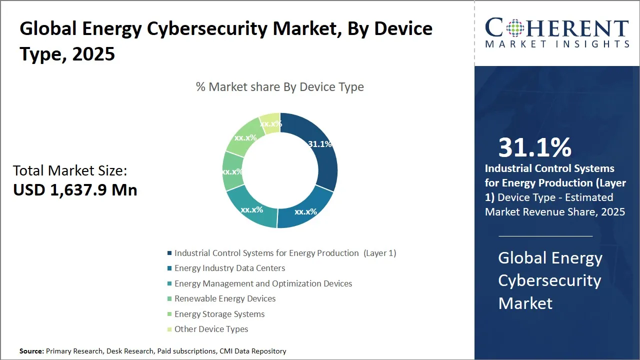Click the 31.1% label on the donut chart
[x=319, y=144]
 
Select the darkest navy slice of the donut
[x=320, y=160]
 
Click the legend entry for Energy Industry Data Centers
[x=229, y=268]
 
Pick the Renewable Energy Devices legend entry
[x=225, y=298]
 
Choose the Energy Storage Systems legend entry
[x=219, y=314]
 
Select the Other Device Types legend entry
[x=211, y=329]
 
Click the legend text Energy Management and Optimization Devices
[x=263, y=283]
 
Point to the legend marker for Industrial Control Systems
[x=170, y=253]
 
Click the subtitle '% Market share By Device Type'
[x=279, y=87]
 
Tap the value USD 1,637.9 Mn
[x=75, y=190]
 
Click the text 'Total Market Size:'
[x=70, y=171]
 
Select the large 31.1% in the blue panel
[x=534, y=147]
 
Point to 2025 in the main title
[x=93, y=54]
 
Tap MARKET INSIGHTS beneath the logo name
[x=557, y=44]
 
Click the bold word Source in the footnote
[x=31, y=351]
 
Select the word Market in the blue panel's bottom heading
[x=525, y=303]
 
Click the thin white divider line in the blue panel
[x=545, y=236]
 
